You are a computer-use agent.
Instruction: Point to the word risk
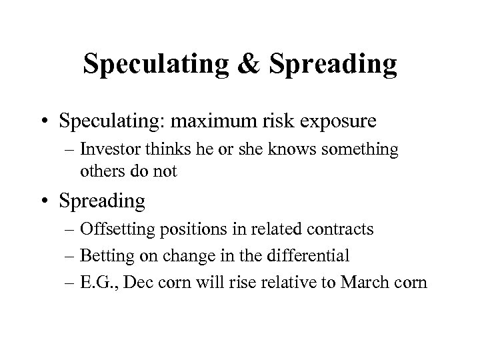click(x=295, y=122)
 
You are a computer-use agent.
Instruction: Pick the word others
click(x=101, y=171)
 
